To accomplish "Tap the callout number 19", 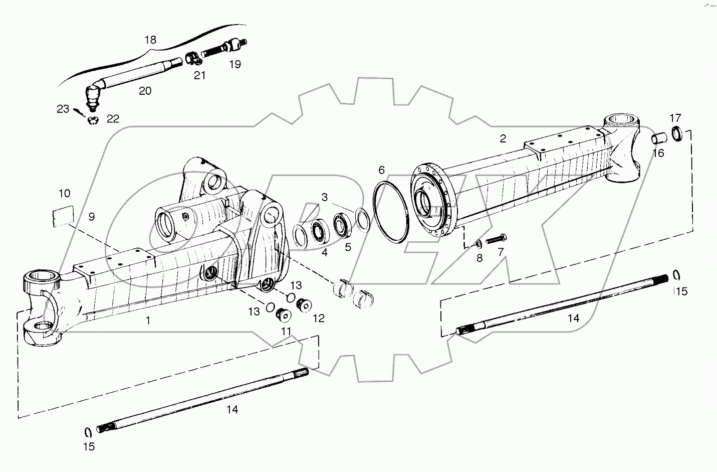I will (x=234, y=64).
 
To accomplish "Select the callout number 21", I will (x=200, y=75).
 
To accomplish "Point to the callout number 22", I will (x=113, y=118).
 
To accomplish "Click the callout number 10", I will (x=64, y=193).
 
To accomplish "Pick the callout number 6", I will (x=381, y=170).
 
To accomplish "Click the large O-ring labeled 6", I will (x=393, y=213).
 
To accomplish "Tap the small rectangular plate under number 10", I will (x=63, y=216).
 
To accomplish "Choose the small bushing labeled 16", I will (x=658, y=138).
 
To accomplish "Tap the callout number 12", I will (x=318, y=318).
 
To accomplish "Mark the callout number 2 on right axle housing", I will (x=503, y=139).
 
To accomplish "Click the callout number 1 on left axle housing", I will (x=148, y=320).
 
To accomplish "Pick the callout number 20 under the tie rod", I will (x=145, y=90).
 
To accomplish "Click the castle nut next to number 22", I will (x=93, y=120).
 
